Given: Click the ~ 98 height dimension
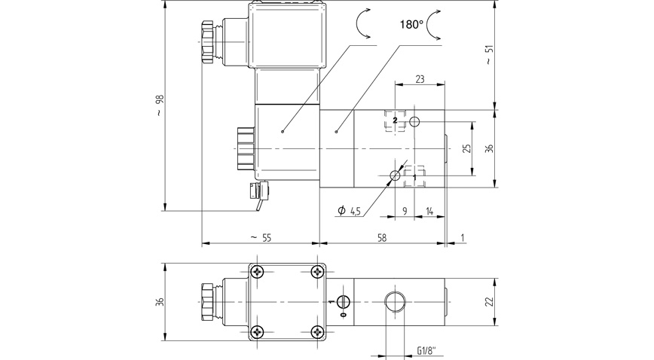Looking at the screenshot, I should [x=159, y=105].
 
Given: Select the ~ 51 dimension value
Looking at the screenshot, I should [x=489, y=55].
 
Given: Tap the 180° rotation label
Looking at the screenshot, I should [x=411, y=24].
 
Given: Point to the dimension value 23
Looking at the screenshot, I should [x=420, y=79].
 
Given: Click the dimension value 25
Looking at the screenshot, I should [x=466, y=148].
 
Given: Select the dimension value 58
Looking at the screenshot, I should [x=382, y=237].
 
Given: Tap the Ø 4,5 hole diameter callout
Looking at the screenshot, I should [x=350, y=211].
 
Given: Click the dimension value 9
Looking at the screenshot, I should [x=405, y=212].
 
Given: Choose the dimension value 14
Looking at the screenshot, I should [x=429, y=212].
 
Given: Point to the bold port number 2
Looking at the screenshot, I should [x=394, y=121].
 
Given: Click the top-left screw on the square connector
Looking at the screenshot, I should [x=258, y=271].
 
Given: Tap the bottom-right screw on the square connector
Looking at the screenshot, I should [x=316, y=330].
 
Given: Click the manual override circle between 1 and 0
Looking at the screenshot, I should [x=344, y=301].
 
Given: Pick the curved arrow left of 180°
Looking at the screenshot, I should [x=362, y=24].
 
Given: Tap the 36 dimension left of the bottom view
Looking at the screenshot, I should [x=159, y=301].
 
